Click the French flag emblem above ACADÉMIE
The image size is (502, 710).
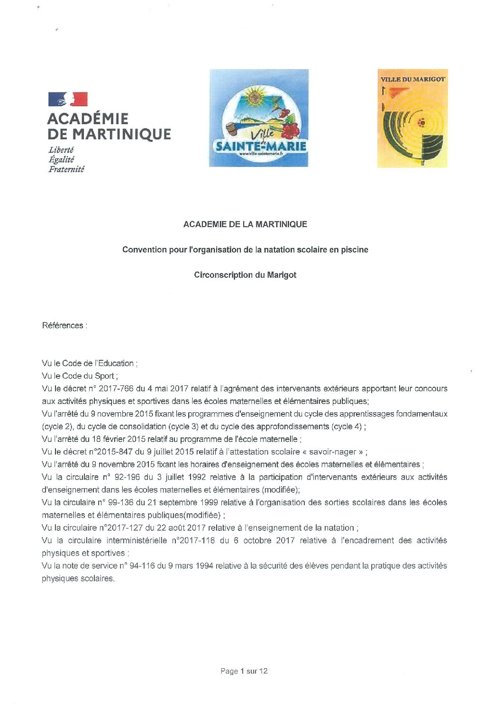click(68, 99)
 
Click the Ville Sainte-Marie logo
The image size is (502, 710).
click(259, 118)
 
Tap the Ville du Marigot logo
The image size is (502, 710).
click(412, 118)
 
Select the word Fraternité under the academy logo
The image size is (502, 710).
click(66, 169)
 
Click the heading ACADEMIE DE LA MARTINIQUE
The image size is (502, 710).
click(245, 224)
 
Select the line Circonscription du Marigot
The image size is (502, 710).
click(245, 274)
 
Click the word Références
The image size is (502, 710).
click(63, 325)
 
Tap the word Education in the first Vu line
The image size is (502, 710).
click(116, 363)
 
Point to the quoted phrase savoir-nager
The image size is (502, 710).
click(332, 452)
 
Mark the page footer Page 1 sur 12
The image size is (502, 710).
click(244, 671)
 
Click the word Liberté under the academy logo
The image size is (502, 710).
click(61, 150)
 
